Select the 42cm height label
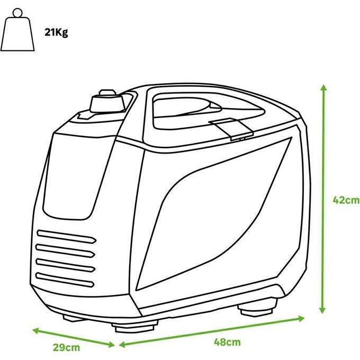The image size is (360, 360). pyautogui.click(x=346, y=200)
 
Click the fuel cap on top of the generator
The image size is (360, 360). pyautogui.click(x=107, y=102)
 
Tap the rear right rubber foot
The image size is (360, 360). pyautogui.click(x=258, y=307)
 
